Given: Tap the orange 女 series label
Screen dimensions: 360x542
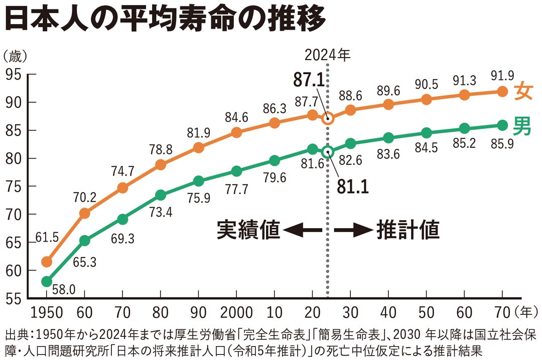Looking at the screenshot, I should tap(522, 90).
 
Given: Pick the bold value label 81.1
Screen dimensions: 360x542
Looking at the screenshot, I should tap(352, 187).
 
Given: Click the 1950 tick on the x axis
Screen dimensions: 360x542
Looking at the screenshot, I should tap(47, 313).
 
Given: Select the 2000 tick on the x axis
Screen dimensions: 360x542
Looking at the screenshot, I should tap(236, 313).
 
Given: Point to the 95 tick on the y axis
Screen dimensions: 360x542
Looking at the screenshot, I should tap(15, 75).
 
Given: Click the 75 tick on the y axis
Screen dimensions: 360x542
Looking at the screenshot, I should tap(15, 187).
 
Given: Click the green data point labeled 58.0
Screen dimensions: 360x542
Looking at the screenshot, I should tap(47, 282).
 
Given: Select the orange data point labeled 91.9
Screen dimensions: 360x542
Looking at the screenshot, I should tap(502, 91).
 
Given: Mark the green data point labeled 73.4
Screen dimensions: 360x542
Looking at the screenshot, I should tap(161, 195).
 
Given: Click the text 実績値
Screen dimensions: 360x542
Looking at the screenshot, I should tap(247, 230).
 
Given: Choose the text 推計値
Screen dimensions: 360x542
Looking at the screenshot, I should tap(408, 230).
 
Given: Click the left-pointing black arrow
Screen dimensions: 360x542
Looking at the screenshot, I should tap(303, 231).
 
